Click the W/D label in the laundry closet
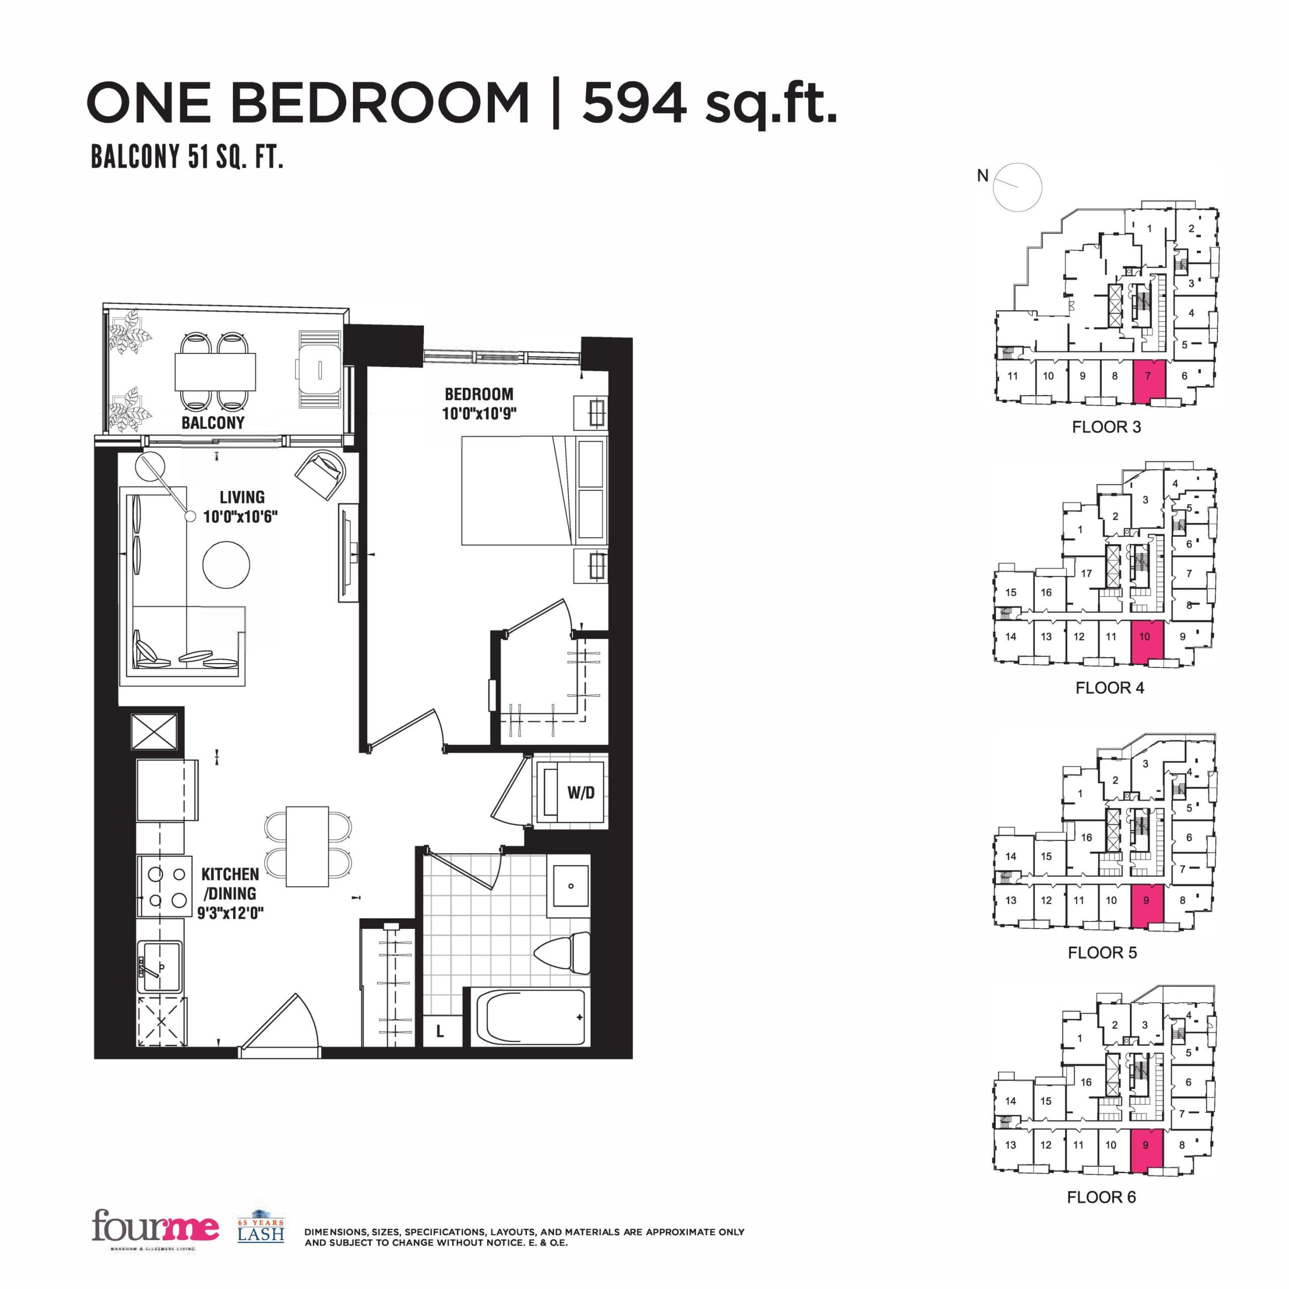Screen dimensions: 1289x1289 [581, 793]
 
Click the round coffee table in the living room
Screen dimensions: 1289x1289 [226, 564]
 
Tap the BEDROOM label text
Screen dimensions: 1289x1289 [479, 394]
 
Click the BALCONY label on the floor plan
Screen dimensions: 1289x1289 [213, 422]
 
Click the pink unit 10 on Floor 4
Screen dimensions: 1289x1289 [1147, 642]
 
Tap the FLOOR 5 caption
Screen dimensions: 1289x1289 [1102, 953]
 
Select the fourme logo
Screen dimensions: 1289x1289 [155, 1226]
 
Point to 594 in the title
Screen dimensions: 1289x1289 [634, 103]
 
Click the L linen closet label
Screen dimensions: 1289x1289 [440, 1032]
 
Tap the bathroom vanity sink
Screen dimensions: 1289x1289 [570, 886]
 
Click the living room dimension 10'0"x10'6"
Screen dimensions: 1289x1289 [240, 517]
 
